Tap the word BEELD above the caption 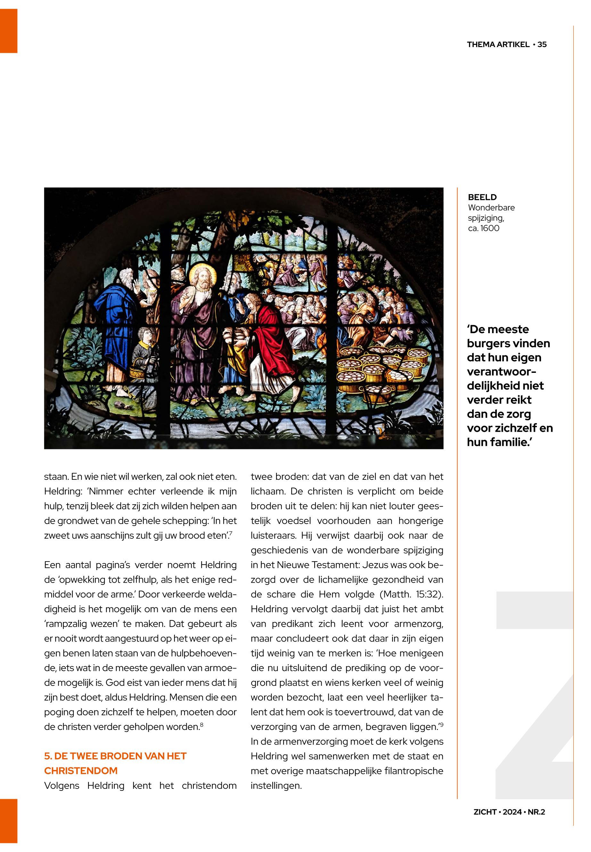[x=482, y=197]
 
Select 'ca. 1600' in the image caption [x=484, y=228]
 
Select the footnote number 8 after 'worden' [x=201, y=724]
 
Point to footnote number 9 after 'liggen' [x=441, y=724]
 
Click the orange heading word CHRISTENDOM [x=81, y=771]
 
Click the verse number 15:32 [x=430, y=594]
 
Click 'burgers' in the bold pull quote [x=485, y=344]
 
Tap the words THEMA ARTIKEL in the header [x=498, y=45]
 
